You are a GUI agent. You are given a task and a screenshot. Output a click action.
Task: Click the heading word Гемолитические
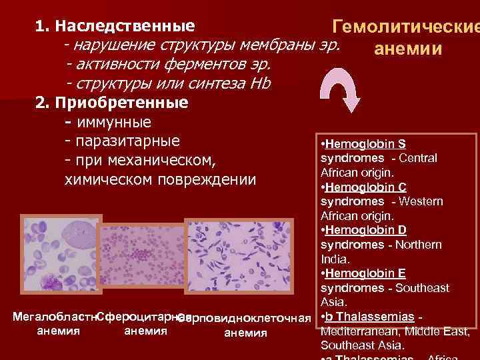point(406,28)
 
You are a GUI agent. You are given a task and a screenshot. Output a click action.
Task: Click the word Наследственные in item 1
point(125,27)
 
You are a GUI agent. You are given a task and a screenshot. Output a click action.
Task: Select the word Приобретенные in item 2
point(122,103)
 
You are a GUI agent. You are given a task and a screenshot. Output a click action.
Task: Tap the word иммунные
point(114,123)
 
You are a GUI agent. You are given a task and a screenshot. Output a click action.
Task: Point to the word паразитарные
point(129,141)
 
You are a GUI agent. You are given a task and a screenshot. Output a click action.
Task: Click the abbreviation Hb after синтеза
point(261,84)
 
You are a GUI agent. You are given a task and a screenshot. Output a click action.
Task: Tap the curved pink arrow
point(341,94)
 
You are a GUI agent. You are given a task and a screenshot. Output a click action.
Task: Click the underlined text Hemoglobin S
point(366,144)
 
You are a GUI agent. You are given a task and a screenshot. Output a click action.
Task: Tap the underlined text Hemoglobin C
point(366,187)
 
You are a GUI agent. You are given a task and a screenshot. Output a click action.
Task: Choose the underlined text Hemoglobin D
point(366,230)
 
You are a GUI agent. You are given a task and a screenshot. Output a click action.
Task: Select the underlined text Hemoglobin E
point(366,273)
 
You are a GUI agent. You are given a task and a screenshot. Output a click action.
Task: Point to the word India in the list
point(333,259)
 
